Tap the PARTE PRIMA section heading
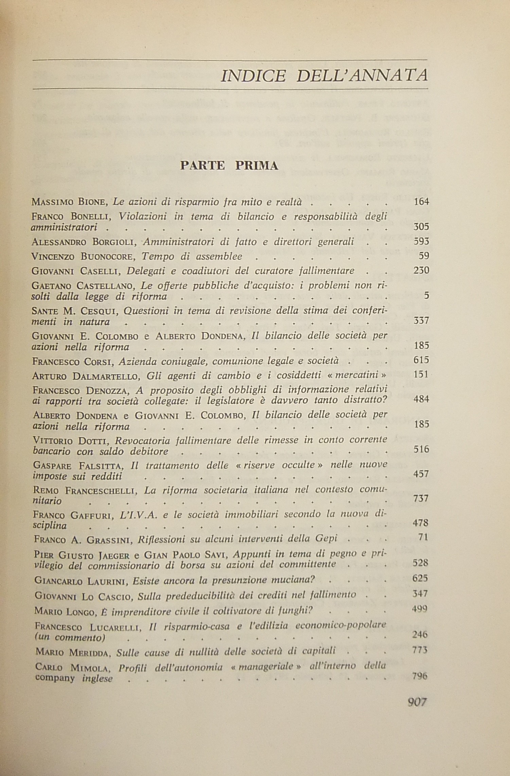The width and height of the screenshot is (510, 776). click(229, 166)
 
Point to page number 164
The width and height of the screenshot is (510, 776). click(421, 202)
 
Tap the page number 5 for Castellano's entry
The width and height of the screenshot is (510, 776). click(427, 296)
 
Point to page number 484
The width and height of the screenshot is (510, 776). click(421, 399)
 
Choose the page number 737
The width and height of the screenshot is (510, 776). click(421, 498)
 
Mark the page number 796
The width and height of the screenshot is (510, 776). click(419, 676)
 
